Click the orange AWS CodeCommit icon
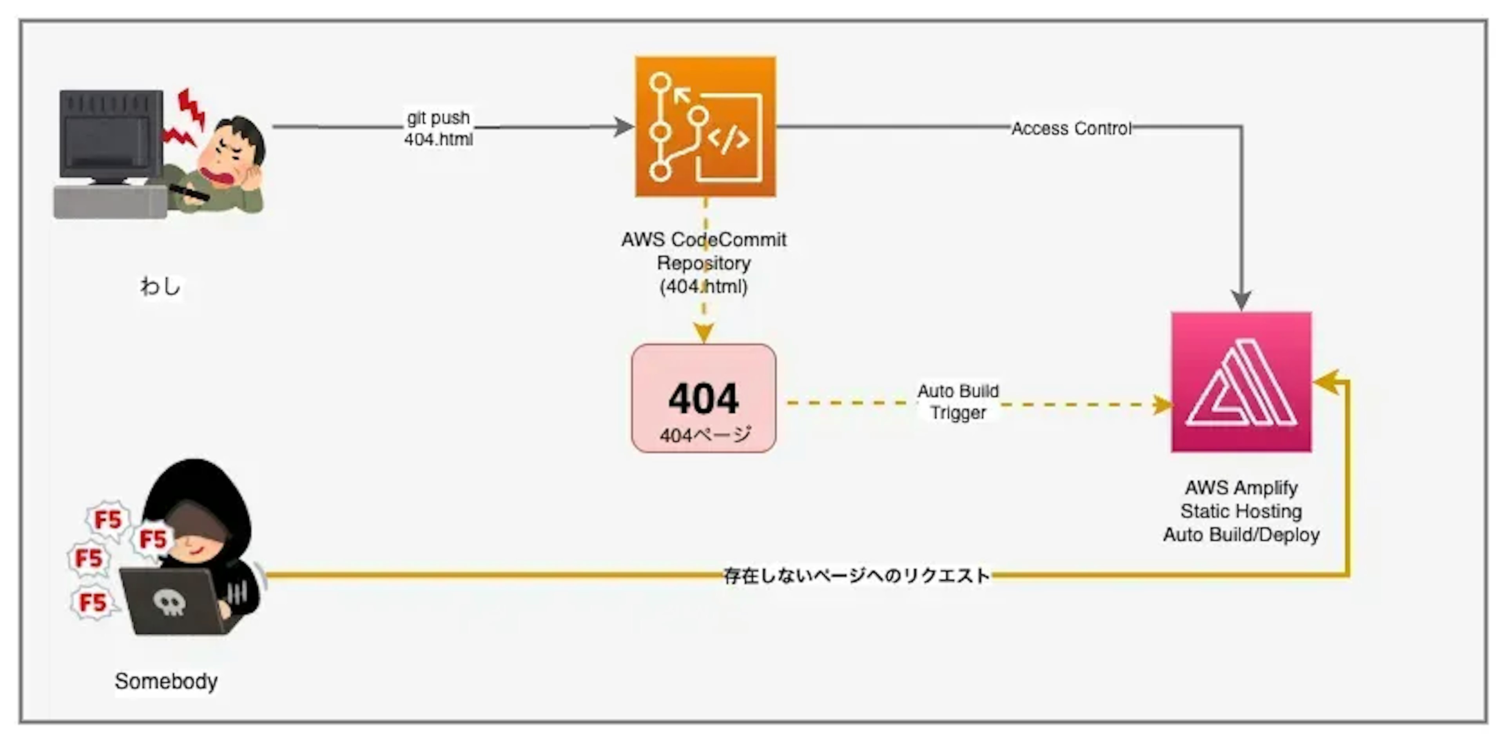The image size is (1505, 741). coord(705,127)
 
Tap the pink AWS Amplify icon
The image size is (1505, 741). coord(1241,382)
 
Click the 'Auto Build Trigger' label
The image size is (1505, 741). coord(958,402)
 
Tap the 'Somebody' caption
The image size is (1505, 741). coord(167,681)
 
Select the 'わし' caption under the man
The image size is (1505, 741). coord(160,286)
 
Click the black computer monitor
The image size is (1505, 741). coord(111,134)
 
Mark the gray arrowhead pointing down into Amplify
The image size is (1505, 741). coord(1241,301)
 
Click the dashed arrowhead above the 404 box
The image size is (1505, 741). coord(704,333)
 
